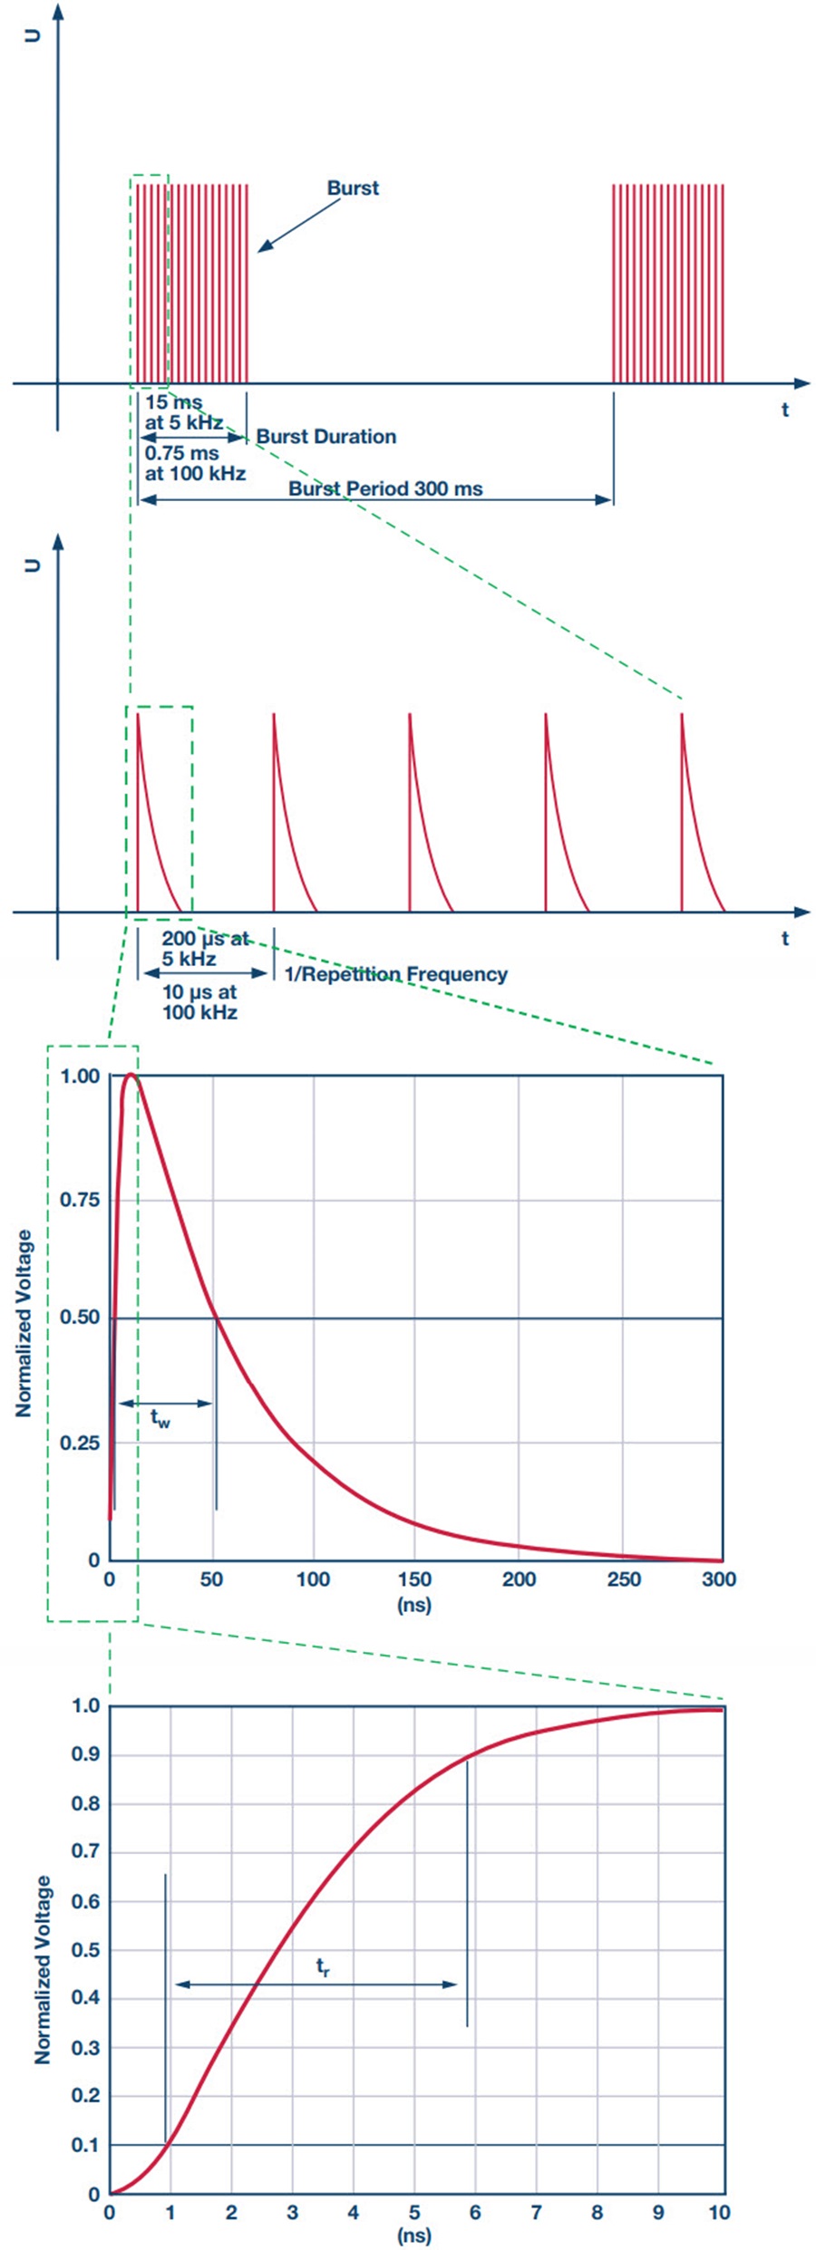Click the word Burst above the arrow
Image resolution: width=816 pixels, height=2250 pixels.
click(x=353, y=188)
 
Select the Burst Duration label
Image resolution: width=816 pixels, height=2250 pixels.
click(x=325, y=437)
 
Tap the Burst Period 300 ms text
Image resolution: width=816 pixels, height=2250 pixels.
click(x=385, y=488)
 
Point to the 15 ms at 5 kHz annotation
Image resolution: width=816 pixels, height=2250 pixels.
click(x=183, y=412)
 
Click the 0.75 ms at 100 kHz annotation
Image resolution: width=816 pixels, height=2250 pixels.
click(x=195, y=462)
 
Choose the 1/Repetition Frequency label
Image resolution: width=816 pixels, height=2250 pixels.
click(x=395, y=974)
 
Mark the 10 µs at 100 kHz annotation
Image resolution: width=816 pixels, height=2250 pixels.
click(x=199, y=1002)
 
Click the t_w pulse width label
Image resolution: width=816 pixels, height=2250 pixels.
click(x=160, y=1418)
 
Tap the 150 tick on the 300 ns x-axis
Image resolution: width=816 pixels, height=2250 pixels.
click(x=414, y=1579)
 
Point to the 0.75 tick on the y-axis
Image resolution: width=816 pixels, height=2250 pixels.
click(x=80, y=1200)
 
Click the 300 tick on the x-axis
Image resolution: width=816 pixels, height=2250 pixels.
click(x=719, y=1579)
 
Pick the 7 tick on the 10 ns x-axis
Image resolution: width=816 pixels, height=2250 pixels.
click(x=536, y=2212)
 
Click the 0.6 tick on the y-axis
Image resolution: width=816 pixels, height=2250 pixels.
click(x=85, y=1901)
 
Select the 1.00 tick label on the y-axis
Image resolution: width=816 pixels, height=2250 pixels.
click(x=80, y=1077)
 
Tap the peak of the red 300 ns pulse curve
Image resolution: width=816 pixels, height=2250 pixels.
click(x=131, y=1076)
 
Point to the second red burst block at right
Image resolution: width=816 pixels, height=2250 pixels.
click(x=668, y=284)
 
